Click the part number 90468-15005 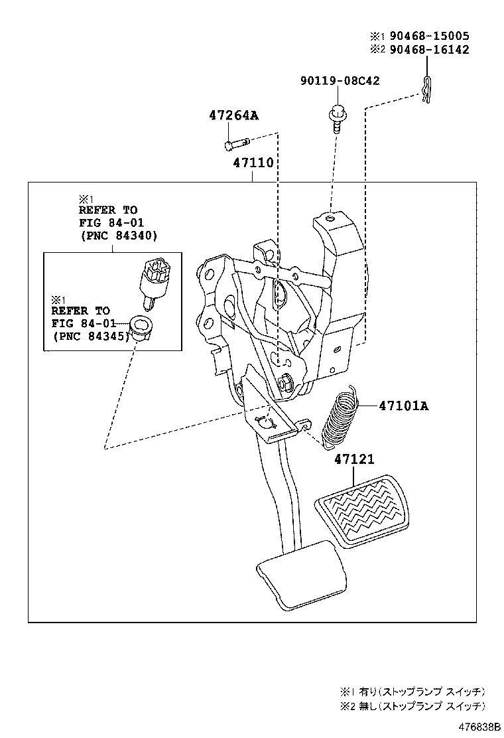point(429,36)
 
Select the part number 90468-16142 point(429,50)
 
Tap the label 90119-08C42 point(340,81)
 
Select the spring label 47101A point(403,406)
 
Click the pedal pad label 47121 point(353,459)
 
